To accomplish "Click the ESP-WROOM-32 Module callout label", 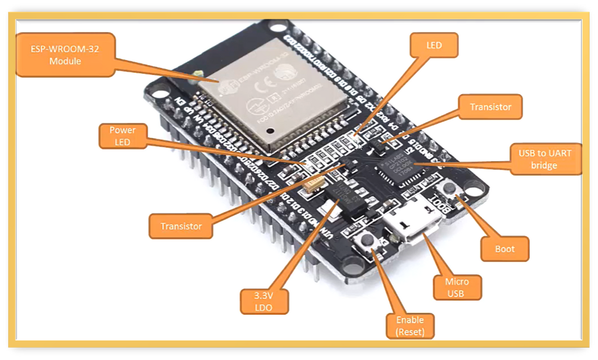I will [x=65, y=55].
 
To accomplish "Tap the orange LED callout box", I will [x=434, y=45].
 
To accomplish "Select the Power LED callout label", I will [x=122, y=136].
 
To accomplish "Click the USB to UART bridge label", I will [x=544, y=159].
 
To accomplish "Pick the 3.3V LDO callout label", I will [x=264, y=302].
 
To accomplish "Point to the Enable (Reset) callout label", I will [x=410, y=326].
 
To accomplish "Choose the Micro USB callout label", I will [x=456, y=287].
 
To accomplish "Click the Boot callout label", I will [x=505, y=249].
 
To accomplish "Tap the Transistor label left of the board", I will [x=181, y=226].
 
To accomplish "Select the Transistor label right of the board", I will [x=490, y=107].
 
